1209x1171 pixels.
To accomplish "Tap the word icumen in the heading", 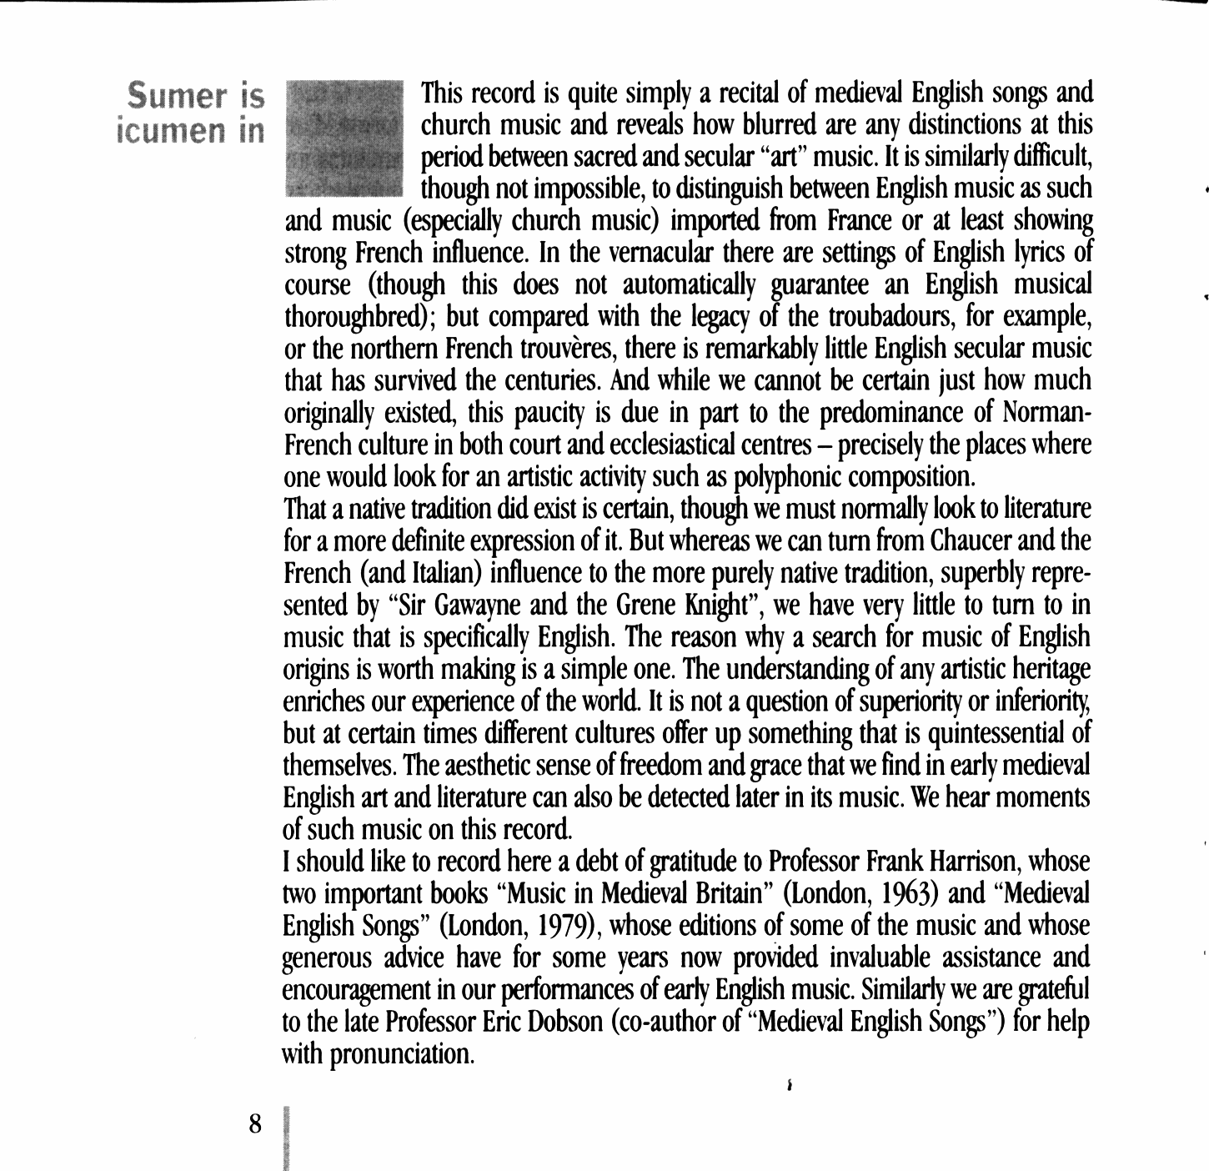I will tap(169, 131).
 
